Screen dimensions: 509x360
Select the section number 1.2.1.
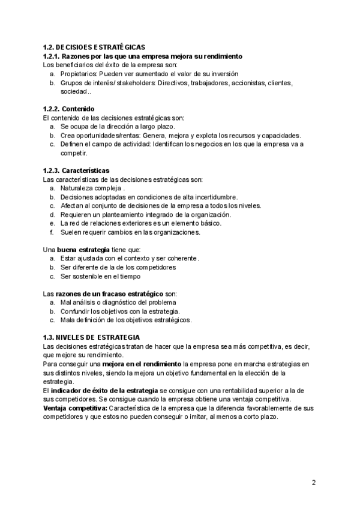click(x=52, y=56)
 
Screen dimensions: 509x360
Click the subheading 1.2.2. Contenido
click(x=69, y=109)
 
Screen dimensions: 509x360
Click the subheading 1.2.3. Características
click(x=76, y=170)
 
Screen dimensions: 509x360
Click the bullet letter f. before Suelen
click(x=52, y=232)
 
